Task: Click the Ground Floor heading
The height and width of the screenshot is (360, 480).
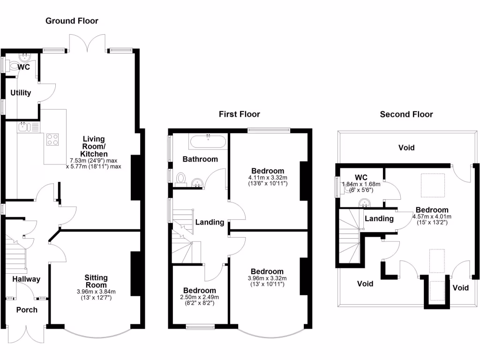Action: (x=72, y=21)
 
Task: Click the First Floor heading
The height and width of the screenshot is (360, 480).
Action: (x=239, y=114)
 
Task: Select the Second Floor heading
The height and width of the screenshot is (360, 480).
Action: (x=406, y=114)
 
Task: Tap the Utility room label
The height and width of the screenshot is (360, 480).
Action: (x=20, y=93)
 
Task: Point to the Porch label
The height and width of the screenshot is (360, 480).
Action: (x=27, y=310)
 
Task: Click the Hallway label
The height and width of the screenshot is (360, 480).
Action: (x=26, y=279)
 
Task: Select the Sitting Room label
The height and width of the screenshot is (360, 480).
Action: (x=96, y=281)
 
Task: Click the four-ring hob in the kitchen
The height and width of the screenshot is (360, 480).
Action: (x=53, y=140)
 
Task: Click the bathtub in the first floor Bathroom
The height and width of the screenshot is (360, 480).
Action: (x=208, y=141)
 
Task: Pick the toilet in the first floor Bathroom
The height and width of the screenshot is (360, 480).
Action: (x=182, y=178)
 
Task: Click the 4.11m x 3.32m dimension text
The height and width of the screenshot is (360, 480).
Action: (x=268, y=178)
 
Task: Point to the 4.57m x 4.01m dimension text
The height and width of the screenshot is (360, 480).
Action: (x=432, y=217)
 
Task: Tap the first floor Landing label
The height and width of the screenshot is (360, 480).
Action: (x=210, y=222)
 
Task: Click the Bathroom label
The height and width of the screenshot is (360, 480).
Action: (x=200, y=159)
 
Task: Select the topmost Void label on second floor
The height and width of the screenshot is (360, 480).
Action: (x=406, y=148)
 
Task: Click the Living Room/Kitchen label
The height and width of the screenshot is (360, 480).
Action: (x=94, y=146)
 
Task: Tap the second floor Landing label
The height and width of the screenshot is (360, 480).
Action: (x=379, y=218)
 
